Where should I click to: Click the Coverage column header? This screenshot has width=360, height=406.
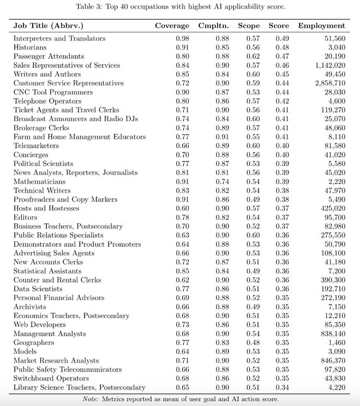(172, 26)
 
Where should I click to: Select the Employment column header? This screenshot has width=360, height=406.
(321, 26)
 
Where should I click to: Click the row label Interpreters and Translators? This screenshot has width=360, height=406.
(59, 39)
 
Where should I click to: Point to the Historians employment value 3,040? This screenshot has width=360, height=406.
(335, 47)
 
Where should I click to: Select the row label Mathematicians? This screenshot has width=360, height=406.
(39, 181)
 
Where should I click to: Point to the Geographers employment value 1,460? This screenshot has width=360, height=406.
(335, 343)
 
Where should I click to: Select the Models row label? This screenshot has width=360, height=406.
(26, 351)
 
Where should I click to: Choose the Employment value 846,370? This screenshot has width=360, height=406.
(330, 361)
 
